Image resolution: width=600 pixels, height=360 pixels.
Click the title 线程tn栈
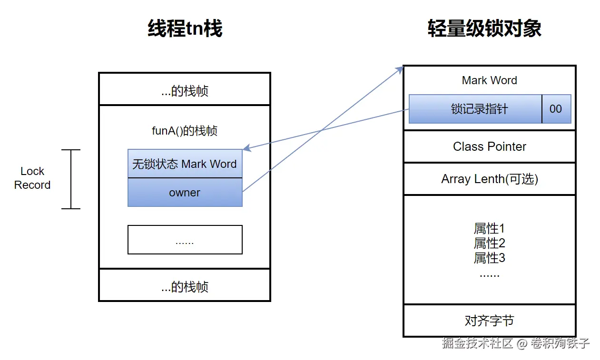click(185, 29)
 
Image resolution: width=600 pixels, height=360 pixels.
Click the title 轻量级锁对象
click(484, 29)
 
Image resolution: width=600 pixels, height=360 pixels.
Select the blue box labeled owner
click(185, 193)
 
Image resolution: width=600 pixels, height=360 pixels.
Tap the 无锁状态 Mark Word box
click(185, 164)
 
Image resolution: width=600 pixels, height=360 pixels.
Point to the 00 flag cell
click(556, 109)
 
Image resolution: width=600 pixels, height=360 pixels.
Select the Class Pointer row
click(489, 146)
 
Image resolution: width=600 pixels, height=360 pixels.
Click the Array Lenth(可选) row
click(489, 179)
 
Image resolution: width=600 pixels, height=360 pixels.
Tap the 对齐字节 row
click(489, 321)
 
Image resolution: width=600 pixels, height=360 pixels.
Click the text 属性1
click(489, 229)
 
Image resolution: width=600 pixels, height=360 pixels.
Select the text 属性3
click(489, 258)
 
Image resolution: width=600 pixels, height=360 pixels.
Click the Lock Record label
click(32, 178)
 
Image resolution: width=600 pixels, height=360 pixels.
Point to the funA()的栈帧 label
click(185, 131)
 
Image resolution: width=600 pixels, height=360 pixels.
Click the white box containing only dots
click(185, 240)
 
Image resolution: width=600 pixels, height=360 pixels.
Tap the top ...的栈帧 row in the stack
click(185, 91)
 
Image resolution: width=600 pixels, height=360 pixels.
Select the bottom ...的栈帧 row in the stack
click(185, 287)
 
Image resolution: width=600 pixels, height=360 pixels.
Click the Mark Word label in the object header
click(489, 80)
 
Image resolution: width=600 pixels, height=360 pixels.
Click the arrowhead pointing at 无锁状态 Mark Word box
click(247, 148)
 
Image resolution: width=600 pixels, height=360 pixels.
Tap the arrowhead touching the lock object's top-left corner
click(400, 70)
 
